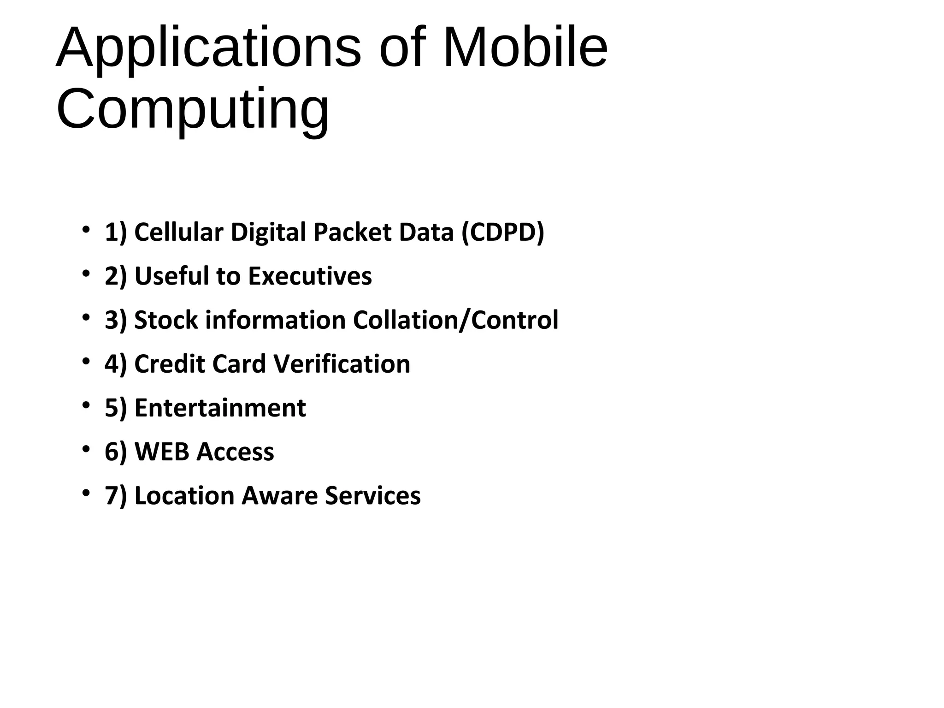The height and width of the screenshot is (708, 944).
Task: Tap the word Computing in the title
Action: pyautogui.click(x=193, y=110)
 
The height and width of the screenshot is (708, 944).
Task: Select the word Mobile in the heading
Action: pyautogui.click(x=525, y=48)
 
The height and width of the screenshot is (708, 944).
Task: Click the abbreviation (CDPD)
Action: pyautogui.click(x=502, y=232)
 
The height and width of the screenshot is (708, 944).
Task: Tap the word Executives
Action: pyautogui.click(x=310, y=276)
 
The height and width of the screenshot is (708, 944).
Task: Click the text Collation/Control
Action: pyautogui.click(x=455, y=320)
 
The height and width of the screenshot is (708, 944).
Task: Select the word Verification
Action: pyautogui.click(x=342, y=364)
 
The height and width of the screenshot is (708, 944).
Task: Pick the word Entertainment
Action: pyautogui.click(x=220, y=408)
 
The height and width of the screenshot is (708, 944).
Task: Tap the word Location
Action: pyautogui.click(x=184, y=496)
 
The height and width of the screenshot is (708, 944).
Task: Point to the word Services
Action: pyautogui.click(x=372, y=496)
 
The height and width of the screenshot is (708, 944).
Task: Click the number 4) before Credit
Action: pyautogui.click(x=115, y=364)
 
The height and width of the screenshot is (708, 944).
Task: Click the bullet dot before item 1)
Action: pyautogui.click(x=85, y=229)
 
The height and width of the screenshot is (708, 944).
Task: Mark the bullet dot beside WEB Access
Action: pyautogui.click(x=85, y=449)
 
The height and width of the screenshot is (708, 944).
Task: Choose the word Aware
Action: pyautogui.click(x=279, y=496)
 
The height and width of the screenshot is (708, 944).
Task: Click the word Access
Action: pyautogui.click(x=235, y=452)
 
